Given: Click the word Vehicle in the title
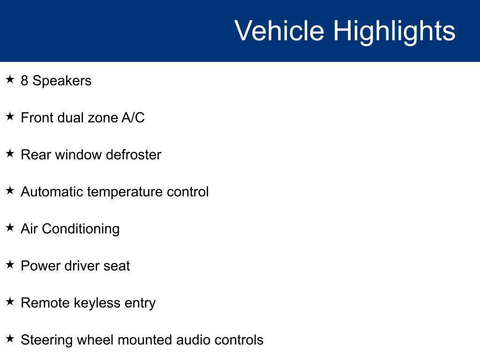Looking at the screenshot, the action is pos(279,30).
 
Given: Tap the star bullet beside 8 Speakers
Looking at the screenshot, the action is pos(10,79).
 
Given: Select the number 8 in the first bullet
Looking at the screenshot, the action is pos(24,81).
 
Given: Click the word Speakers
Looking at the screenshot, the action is pos(62,81).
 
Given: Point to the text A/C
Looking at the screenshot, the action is pos(133,118).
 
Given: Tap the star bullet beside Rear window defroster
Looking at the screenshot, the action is pos(10,153).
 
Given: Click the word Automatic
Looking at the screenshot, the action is pos(52,192).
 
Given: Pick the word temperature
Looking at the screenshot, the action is pos(125,193).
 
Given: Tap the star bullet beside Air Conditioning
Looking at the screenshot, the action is pos(10,227).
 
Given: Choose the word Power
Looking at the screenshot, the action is pos(40,266).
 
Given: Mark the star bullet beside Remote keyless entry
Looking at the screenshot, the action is pos(10,301).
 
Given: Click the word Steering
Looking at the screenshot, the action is pos(47,340).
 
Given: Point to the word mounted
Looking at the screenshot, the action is pos(145,340).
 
